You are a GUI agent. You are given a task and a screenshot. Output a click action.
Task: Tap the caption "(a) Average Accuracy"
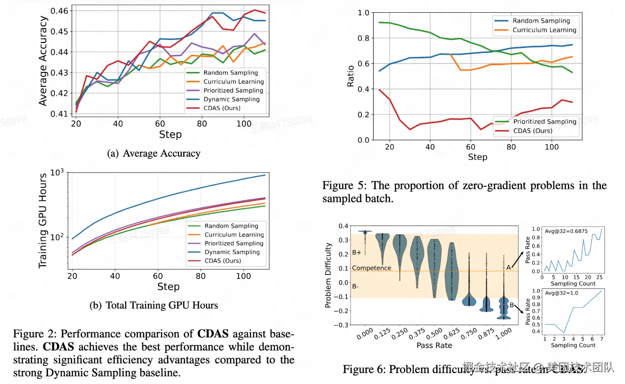point(153,154)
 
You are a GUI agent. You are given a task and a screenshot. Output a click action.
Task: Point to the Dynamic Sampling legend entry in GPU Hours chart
point(232,252)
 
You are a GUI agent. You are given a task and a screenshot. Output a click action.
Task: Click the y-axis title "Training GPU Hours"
point(43,221)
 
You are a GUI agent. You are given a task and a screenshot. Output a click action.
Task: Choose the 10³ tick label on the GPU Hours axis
point(57,173)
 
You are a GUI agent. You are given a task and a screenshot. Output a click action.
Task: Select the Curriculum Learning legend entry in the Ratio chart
point(544,30)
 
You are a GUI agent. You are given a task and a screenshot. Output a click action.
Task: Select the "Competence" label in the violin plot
point(371,268)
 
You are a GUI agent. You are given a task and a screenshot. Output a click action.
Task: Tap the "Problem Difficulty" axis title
point(328,275)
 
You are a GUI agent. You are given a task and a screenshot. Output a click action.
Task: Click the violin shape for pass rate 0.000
point(365,232)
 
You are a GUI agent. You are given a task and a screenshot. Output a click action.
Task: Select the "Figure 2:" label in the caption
point(34,335)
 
